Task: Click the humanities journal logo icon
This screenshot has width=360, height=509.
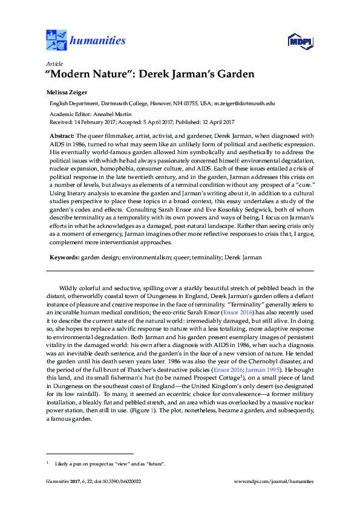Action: click(56, 40)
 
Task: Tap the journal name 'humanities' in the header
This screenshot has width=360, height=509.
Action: click(98, 41)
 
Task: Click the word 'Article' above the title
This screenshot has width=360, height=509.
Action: click(54, 63)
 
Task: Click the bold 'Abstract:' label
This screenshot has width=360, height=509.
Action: click(62, 137)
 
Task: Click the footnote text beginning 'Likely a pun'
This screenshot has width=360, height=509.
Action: click(110, 464)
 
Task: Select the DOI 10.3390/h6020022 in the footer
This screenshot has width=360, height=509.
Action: click(123, 482)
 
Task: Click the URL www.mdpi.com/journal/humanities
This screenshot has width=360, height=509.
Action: click(273, 482)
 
